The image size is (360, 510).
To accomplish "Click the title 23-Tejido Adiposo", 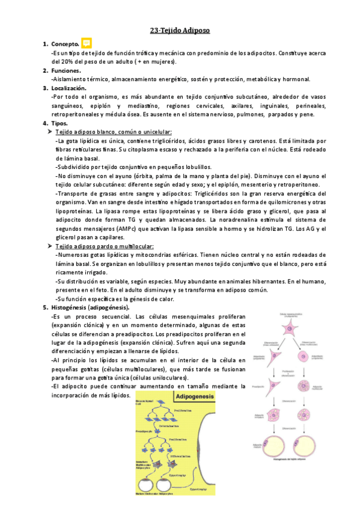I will (x=180, y=30).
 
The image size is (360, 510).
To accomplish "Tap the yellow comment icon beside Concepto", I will (x=87, y=43).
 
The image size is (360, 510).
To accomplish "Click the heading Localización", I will (x=69, y=88).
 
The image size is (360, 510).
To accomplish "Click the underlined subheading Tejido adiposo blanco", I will (x=114, y=132).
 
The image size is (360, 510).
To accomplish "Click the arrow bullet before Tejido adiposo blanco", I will (x=49, y=132).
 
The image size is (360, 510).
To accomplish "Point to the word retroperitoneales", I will (x=78, y=115).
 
